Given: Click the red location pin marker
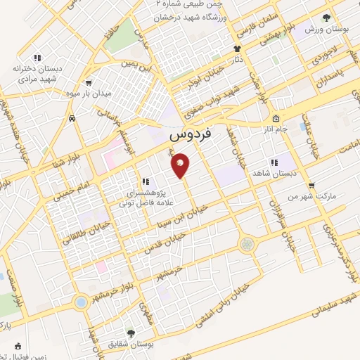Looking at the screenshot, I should click(181, 165).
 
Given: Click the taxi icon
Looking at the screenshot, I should click(72, 120).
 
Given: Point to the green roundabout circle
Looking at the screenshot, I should click(247, 245).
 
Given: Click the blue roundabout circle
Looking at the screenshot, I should click(81, 302).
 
